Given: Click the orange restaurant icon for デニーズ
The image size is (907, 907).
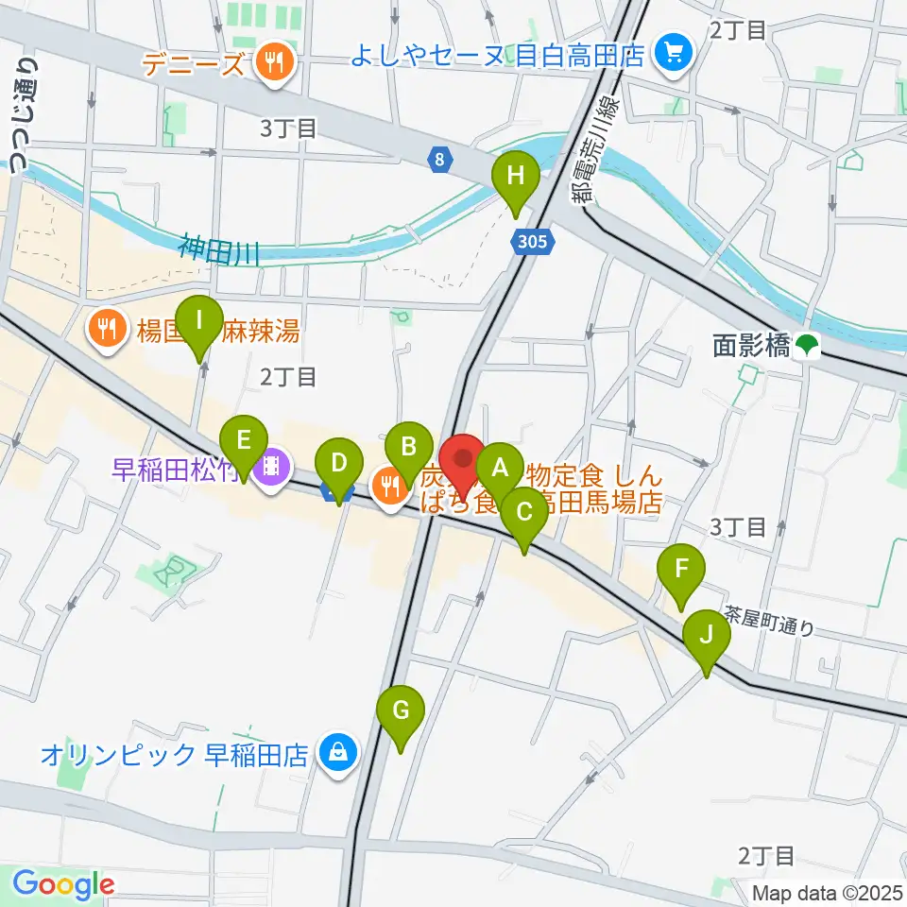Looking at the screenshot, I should pyautogui.click(x=274, y=64).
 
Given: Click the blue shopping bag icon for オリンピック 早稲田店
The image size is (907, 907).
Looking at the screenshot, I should pyautogui.click(x=334, y=753).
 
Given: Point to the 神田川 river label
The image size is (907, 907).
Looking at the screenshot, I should pyautogui.click(x=218, y=250).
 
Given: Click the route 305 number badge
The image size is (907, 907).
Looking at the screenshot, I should pyautogui.click(x=532, y=243).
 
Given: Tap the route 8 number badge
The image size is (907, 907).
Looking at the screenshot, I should pyautogui.click(x=439, y=161).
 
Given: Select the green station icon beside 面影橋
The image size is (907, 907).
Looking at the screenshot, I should pyautogui.click(x=806, y=347).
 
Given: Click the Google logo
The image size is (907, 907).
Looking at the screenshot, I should pyautogui.click(x=63, y=885).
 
